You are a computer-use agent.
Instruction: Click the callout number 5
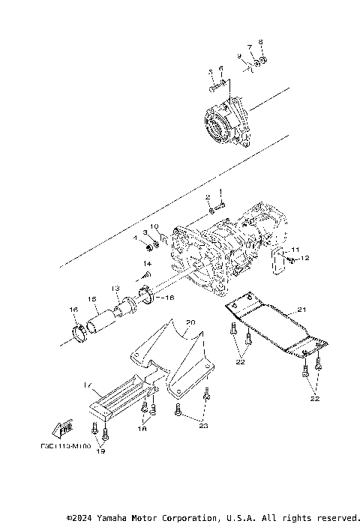pyautogui.click(x=211, y=72)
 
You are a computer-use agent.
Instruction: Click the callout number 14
pyautogui.click(x=148, y=265)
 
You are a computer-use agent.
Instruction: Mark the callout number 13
pyautogui.click(x=115, y=289)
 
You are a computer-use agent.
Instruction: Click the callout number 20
pyautogui.click(x=190, y=323)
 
